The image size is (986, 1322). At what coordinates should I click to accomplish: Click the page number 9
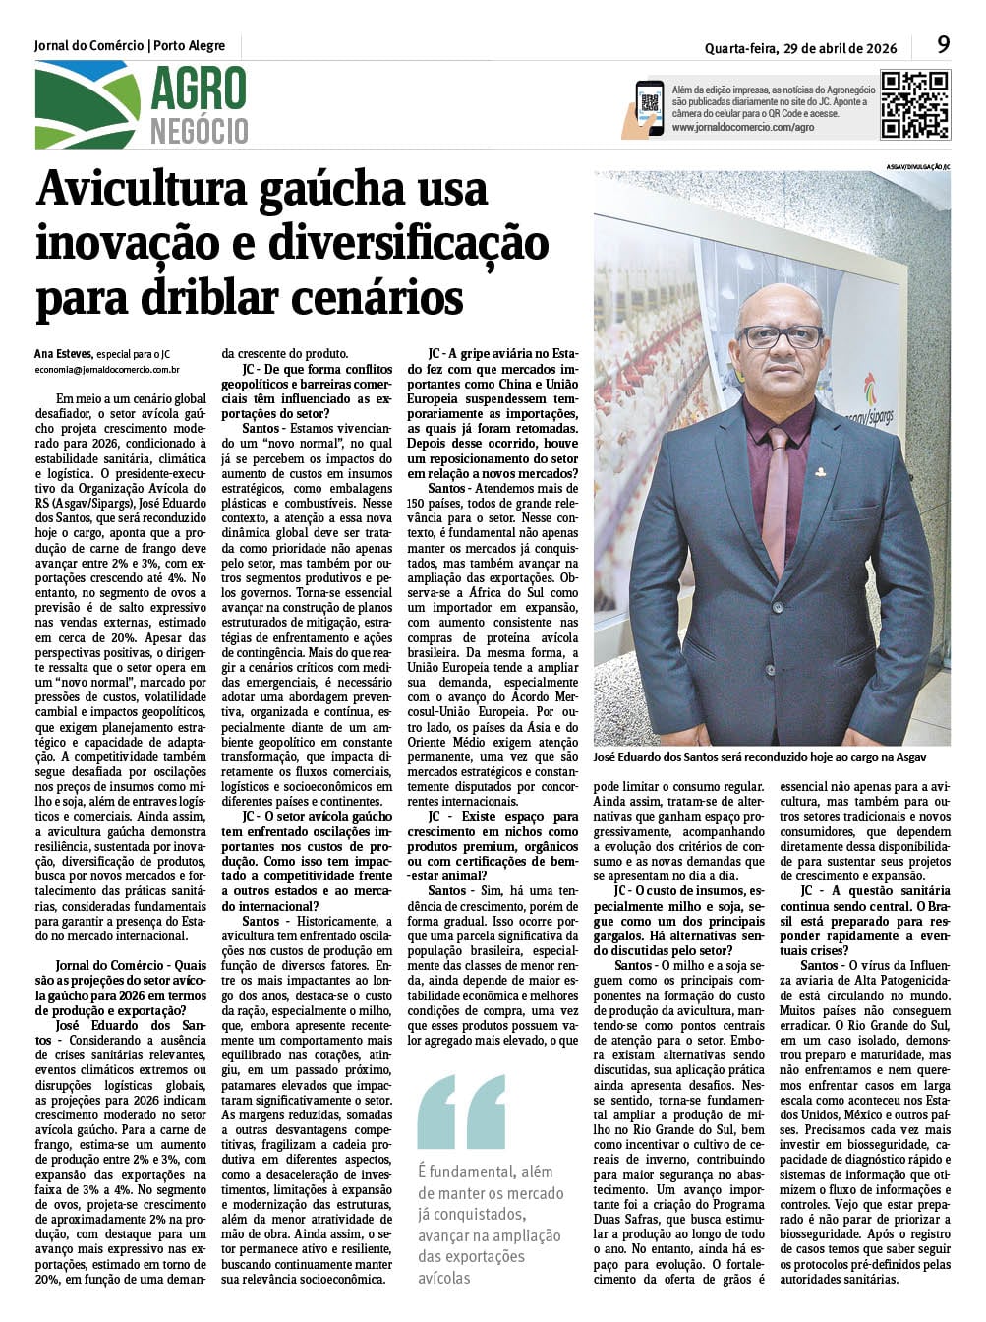[943, 44]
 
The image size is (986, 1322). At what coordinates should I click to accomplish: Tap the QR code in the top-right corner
[914, 104]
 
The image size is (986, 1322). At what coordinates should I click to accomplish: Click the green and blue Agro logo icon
[87, 105]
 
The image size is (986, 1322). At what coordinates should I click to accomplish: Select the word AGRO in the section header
[198, 90]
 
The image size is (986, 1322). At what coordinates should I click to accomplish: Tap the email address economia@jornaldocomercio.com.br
[107, 371]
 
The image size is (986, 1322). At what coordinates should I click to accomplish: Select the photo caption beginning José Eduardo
[759, 758]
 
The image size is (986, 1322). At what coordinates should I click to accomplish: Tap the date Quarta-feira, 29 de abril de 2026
[800, 47]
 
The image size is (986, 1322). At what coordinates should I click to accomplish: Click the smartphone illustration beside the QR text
[648, 106]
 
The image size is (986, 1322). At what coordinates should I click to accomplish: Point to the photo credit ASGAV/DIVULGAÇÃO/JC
[917, 167]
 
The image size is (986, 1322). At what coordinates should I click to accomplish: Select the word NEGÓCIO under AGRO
[199, 131]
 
